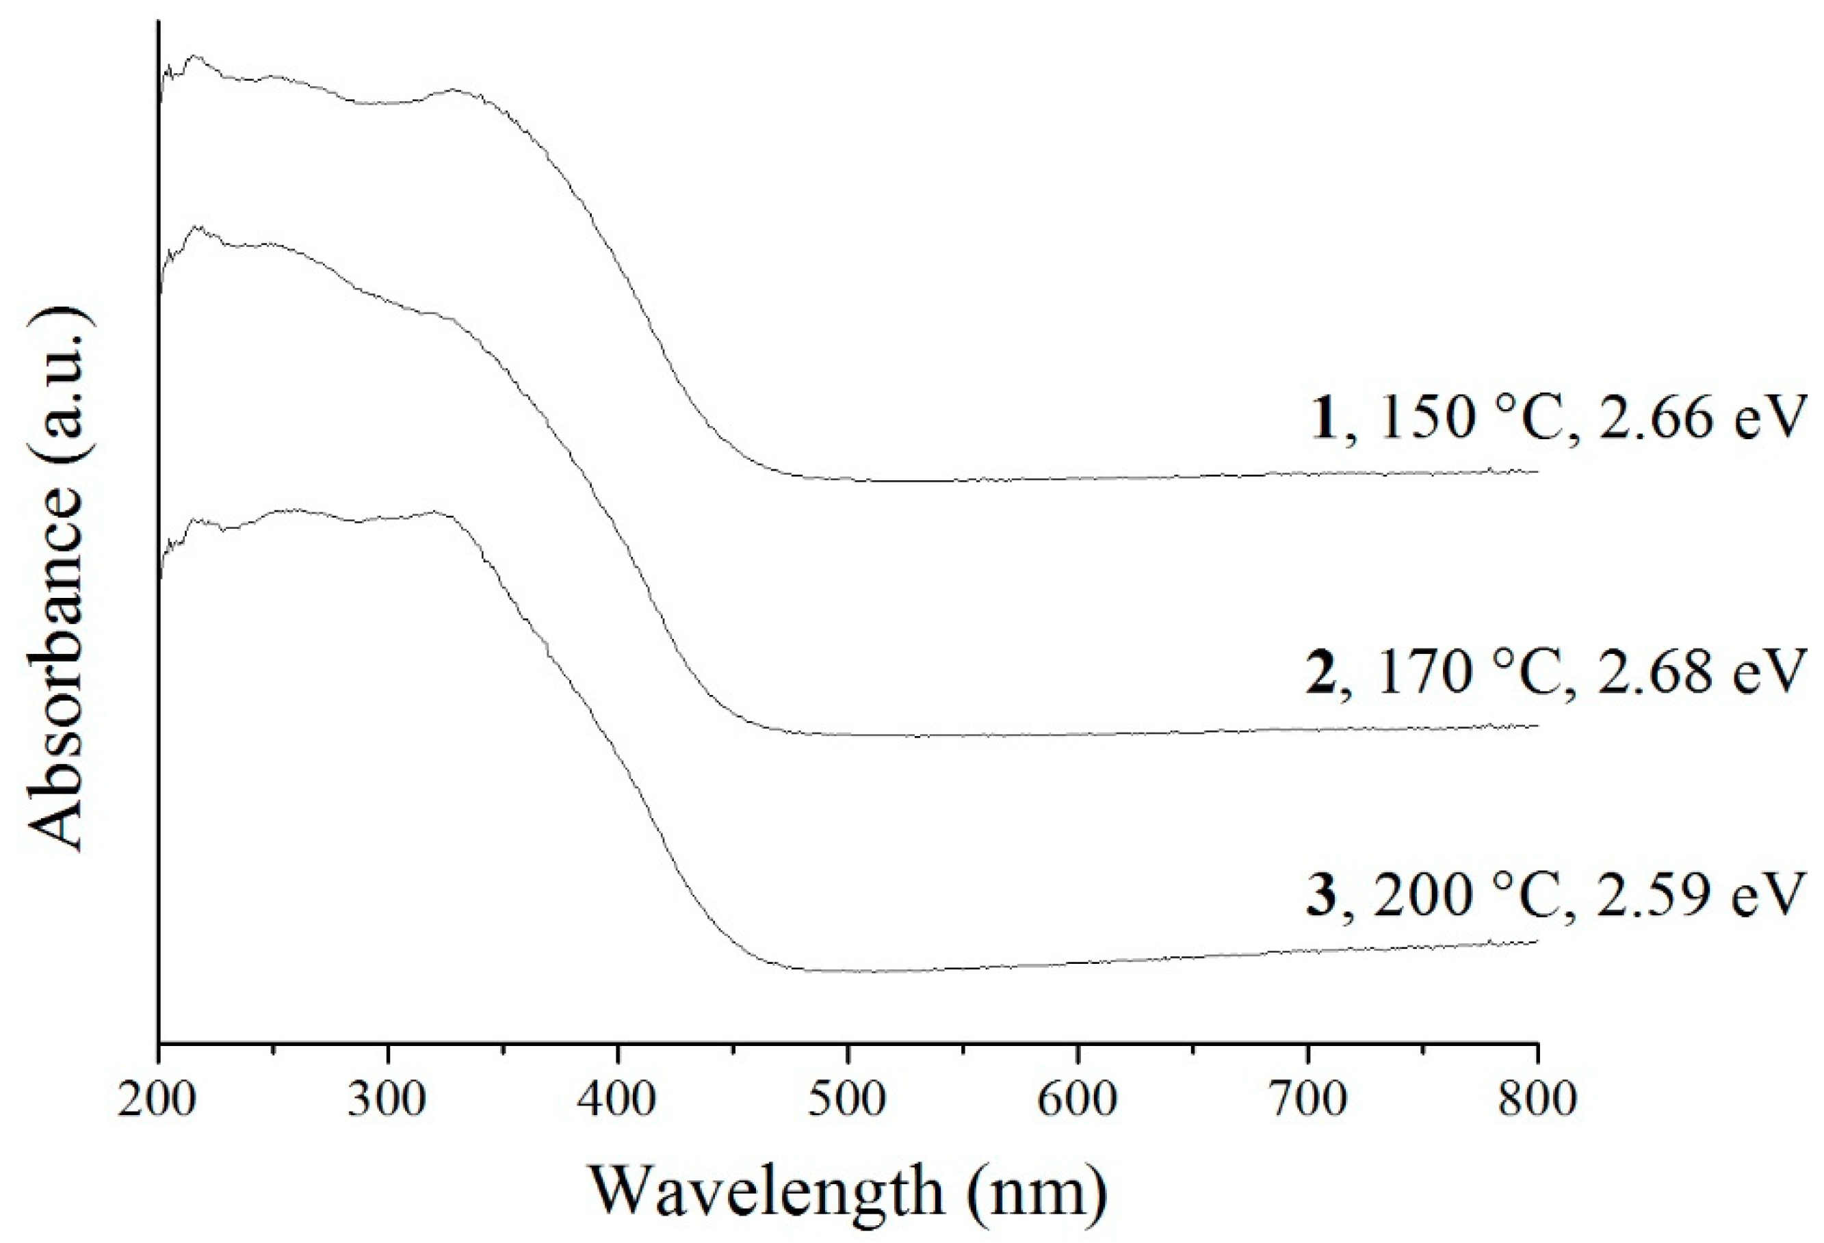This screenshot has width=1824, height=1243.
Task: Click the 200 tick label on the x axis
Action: (x=157, y=1100)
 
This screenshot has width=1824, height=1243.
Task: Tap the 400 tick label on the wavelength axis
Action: (x=619, y=1100)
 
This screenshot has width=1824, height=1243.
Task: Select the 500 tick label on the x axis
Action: (x=848, y=1100)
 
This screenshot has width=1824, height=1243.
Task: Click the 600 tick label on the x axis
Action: (x=1078, y=1100)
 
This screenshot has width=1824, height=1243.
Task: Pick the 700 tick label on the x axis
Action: (x=1308, y=1100)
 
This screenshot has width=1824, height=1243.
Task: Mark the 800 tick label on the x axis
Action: (x=1537, y=1100)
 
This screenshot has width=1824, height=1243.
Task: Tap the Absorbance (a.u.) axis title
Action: (x=57, y=577)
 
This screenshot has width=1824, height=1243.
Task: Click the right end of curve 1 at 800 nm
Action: (x=1536, y=471)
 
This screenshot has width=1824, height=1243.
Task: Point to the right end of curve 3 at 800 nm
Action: (x=1536, y=941)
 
